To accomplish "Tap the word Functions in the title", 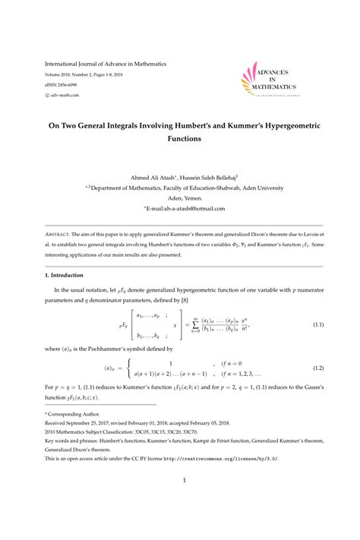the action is coord(180,141).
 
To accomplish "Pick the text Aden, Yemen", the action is coord(180,194).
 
